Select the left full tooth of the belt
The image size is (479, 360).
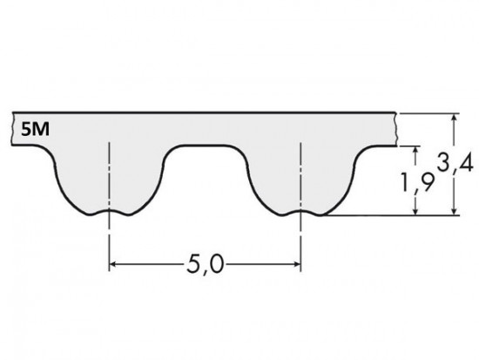coord(110,179)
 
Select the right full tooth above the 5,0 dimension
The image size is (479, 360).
coord(300,179)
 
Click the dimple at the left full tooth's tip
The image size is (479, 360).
coord(110,212)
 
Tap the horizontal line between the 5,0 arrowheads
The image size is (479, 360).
coord(157,262)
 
